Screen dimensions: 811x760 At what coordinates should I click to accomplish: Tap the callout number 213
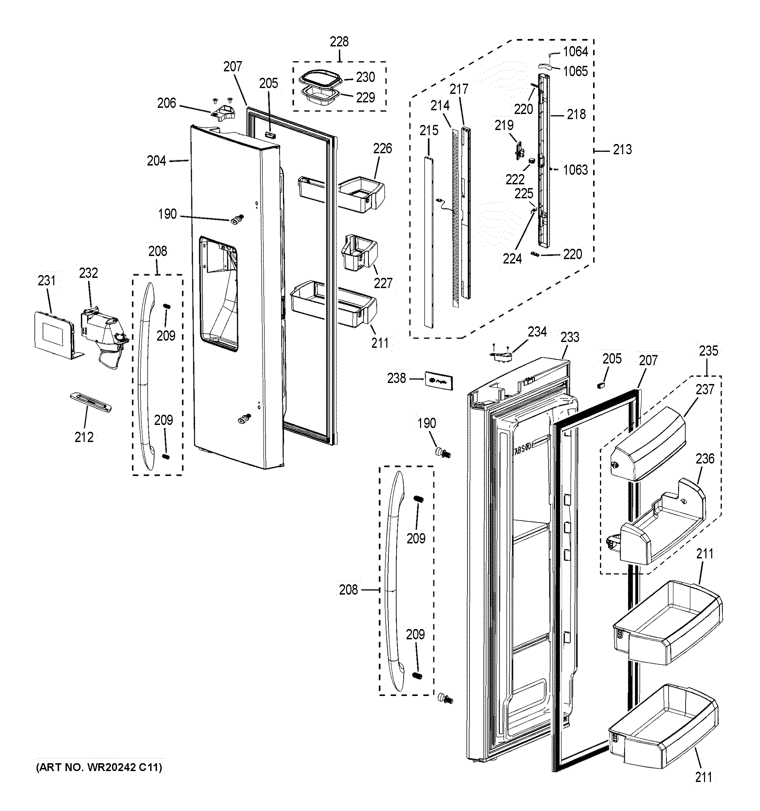[622, 150]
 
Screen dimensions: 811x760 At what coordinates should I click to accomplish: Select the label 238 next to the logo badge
[396, 379]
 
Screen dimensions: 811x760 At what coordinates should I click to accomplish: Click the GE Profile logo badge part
[439, 381]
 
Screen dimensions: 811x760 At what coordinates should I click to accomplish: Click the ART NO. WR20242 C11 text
[99, 767]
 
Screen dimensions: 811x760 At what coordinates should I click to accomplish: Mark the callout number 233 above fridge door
[570, 337]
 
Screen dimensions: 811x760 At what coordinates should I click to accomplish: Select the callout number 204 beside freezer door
[156, 161]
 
